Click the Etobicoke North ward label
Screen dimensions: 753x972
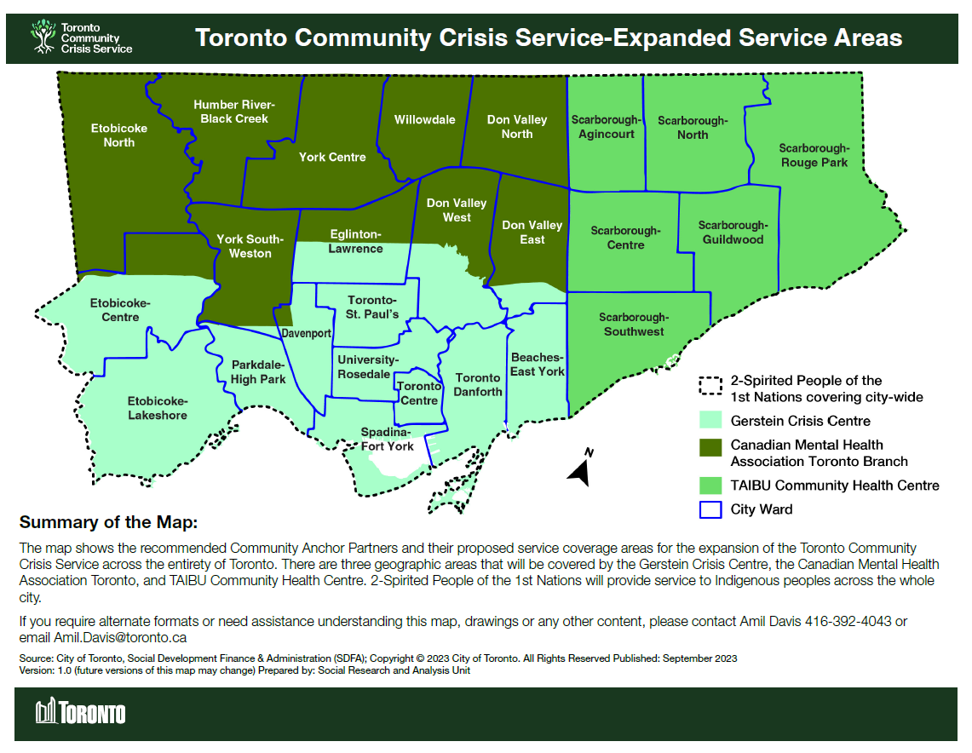[119, 135]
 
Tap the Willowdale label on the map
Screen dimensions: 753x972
[424, 120]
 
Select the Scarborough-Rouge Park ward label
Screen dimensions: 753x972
[814, 155]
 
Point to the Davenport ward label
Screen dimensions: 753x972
[307, 334]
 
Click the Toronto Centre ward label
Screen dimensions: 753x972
[419, 394]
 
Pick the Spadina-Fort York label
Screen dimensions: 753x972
[388, 439]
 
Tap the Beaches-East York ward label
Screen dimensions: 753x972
[537, 365]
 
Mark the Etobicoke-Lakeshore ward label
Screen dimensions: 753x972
[158, 408]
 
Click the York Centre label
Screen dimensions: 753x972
[332, 157]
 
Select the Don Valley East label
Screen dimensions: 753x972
[532, 233]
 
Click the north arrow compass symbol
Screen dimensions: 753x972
[581, 469]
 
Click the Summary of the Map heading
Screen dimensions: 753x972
[107, 522]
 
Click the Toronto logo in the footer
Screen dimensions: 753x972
[80, 712]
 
